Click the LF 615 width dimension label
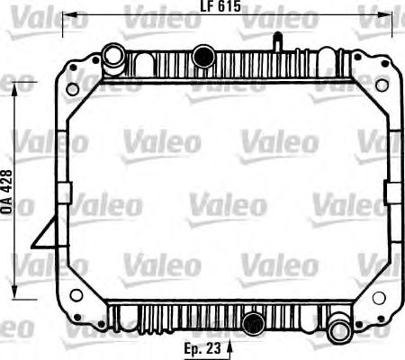pyautogui.click(x=220, y=6)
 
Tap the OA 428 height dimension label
pyautogui.click(x=7, y=192)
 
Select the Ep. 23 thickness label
pyautogui.click(x=202, y=348)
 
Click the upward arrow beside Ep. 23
pyautogui.click(x=229, y=349)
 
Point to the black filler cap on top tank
pyautogui.click(x=203, y=56)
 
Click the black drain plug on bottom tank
pyautogui.click(x=254, y=324)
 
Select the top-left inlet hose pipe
pyautogui.click(x=113, y=59)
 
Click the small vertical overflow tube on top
pyautogui.click(x=277, y=41)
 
